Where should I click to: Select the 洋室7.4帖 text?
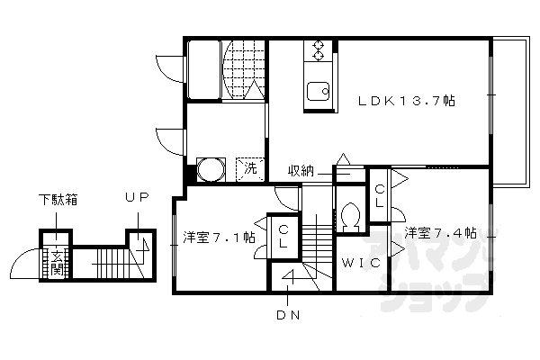click(439, 233)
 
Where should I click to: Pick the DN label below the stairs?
click(288, 315)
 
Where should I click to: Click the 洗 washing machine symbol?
click(252, 168)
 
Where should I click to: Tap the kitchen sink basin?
click(318, 90)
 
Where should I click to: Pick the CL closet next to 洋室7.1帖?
click(283, 237)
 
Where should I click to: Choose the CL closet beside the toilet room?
click(380, 195)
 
